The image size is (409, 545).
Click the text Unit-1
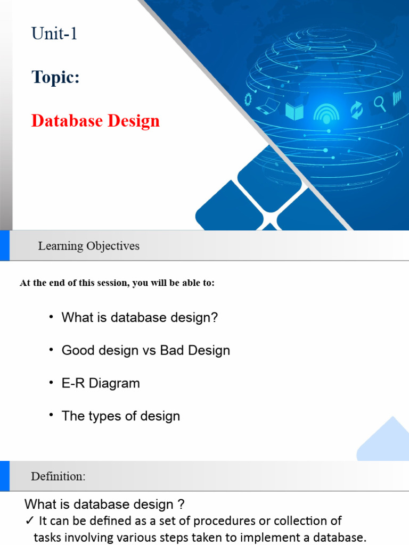tap(54, 34)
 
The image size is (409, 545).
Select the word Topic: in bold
tap(55, 77)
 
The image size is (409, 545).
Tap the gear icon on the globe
tap(248, 98)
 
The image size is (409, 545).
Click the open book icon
tap(295, 111)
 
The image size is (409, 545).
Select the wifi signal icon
tap(326, 112)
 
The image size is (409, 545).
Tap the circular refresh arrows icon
tap(356, 110)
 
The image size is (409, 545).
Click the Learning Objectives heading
tap(88, 246)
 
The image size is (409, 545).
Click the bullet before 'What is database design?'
tap(51, 317)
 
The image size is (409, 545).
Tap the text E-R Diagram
tap(101, 383)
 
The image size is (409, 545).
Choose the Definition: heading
tap(58, 476)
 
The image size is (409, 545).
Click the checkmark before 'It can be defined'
tap(29, 521)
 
